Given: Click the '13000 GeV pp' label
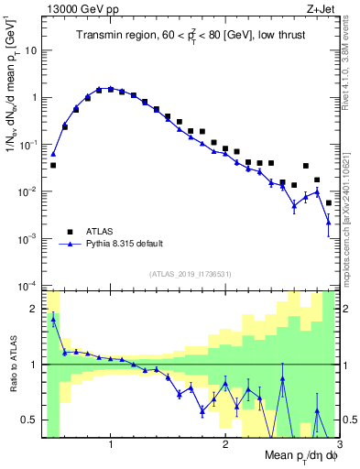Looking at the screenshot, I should click(x=78, y=8).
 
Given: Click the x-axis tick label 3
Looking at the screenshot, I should click(x=338, y=444).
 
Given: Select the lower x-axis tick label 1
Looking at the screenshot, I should click(x=111, y=444).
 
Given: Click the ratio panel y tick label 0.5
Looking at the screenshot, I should click(x=31, y=420).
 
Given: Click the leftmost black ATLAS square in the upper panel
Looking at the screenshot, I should click(x=53, y=166).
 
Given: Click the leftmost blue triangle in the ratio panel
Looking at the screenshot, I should click(x=53, y=318).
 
